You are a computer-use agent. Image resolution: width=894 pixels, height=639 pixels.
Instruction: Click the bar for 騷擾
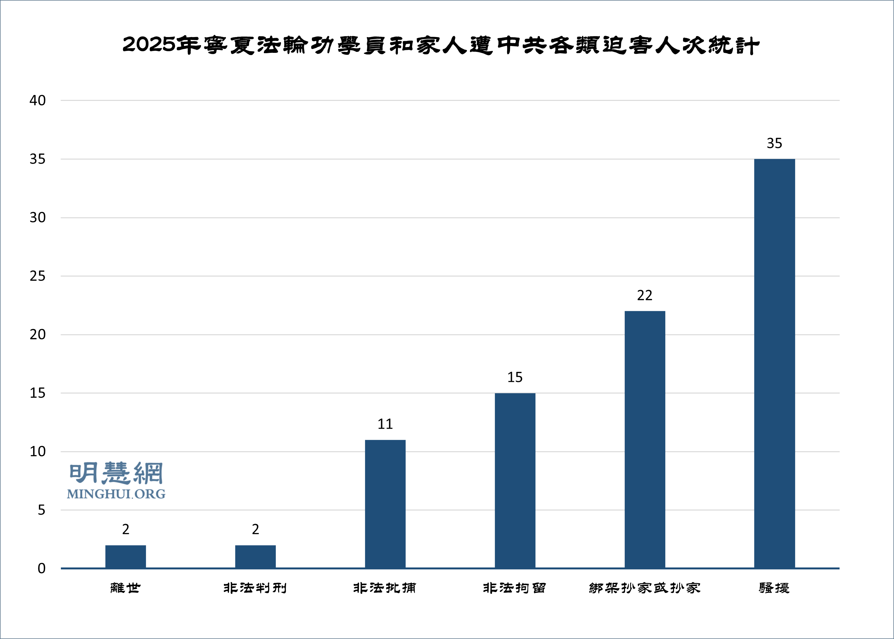[x=774, y=363]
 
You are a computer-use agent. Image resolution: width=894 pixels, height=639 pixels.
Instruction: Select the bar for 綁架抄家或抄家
[x=645, y=439]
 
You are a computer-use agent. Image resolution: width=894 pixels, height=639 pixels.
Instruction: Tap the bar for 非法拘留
[x=515, y=480]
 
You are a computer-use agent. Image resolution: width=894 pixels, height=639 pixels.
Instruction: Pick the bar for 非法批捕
[x=385, y=504]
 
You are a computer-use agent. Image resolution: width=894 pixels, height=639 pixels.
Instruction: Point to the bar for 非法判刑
[x=255, y=557]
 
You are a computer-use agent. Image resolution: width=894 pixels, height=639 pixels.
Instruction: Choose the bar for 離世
[x=125, y=557]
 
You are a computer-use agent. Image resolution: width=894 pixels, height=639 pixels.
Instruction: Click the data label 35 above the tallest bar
[x=774, y=143]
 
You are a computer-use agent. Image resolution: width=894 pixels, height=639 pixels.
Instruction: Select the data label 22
[x=645, y=295]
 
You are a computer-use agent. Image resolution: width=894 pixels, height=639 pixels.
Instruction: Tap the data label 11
[x=385, y=424]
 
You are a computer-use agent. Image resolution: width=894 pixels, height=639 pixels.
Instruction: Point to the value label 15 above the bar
[x=515, y=377]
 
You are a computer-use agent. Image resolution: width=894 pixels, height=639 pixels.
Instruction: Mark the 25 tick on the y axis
[x=38, y=276]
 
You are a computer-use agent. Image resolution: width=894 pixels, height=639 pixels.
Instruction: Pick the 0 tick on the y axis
[x=41, y=568]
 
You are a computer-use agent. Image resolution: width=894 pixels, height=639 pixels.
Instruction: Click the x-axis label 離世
[x=125, y=588]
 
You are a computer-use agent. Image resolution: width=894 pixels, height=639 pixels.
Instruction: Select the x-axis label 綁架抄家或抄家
[x=645, y=588]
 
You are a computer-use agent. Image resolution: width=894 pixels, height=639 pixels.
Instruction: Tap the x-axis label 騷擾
[x=774, y=588]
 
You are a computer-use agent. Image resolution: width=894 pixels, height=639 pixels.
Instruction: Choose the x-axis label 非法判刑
[x=255, y=588]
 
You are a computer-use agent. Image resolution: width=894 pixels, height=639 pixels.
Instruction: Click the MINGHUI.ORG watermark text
[x=116, y=494]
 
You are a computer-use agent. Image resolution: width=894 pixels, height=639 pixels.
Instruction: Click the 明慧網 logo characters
[x=116, y=473]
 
